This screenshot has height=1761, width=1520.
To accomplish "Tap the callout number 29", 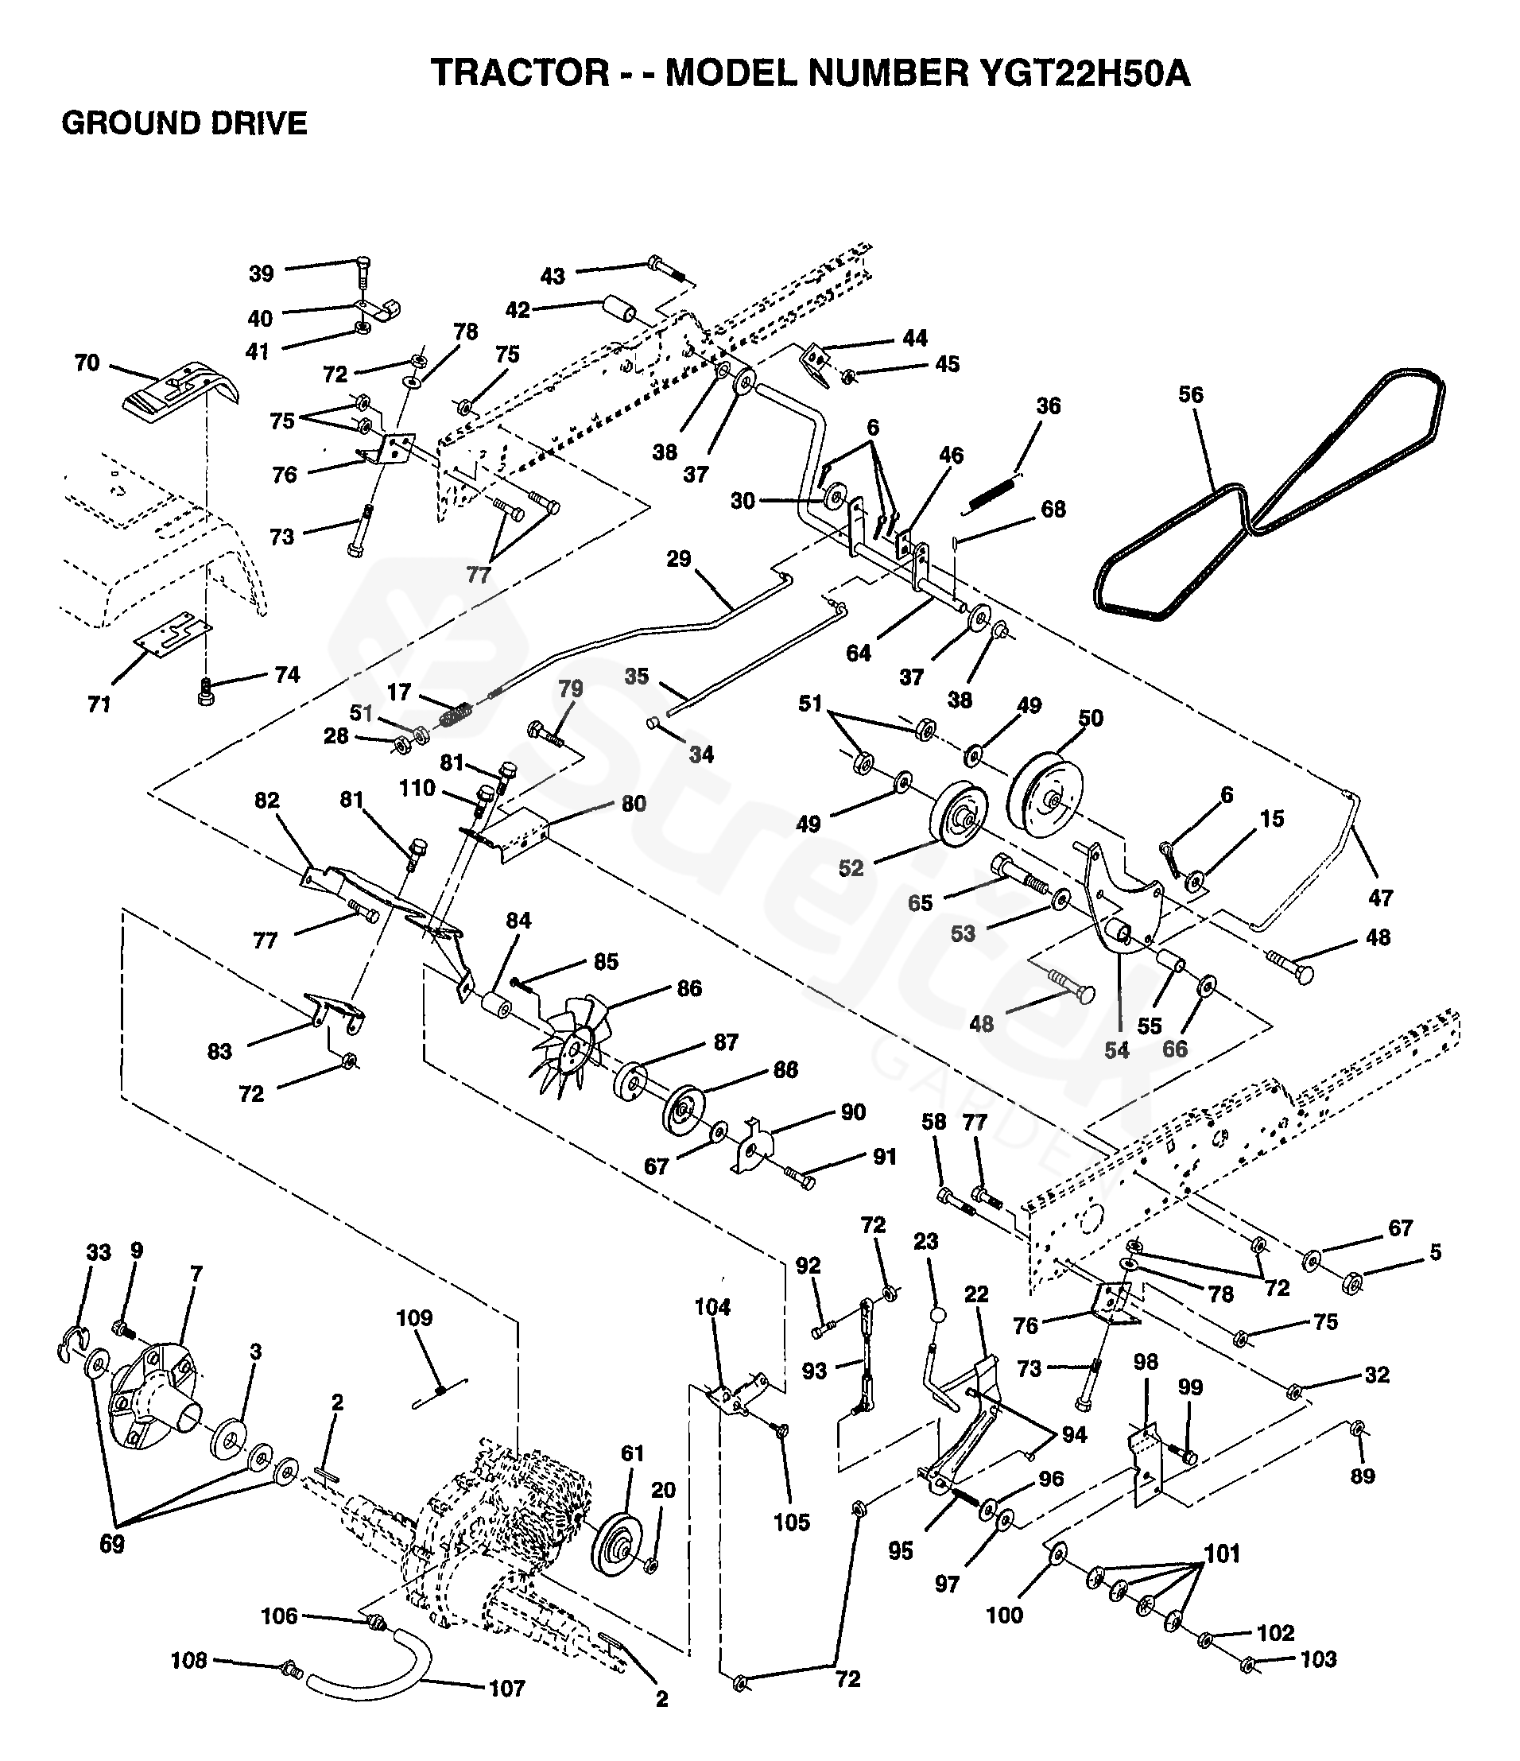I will (679, 559).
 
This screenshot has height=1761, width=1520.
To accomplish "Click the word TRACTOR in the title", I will (520, 73).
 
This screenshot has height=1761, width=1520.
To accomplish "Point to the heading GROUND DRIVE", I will (184, 124).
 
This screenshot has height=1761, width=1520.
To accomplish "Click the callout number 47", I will (1381, 898).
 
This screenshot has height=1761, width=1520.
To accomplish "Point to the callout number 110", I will (417, 789).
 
